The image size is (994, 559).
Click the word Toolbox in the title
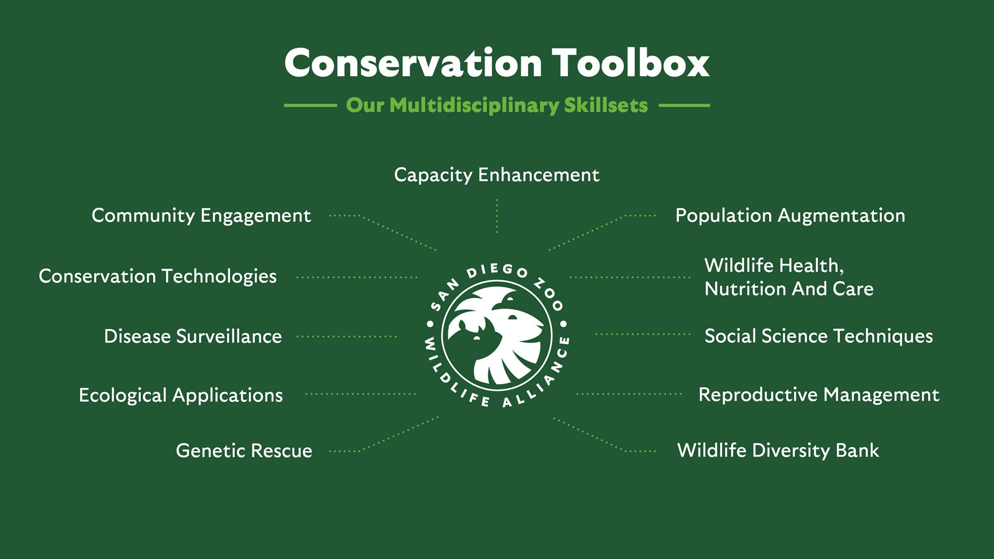click(x=630, y=63)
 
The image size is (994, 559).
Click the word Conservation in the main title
click(x=413, y=63)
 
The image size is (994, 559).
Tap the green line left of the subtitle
click(x=310, y=105)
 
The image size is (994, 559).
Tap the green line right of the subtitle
click(x=684, y=105)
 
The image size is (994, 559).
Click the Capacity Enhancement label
click(x=496, y=175)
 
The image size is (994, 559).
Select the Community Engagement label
click(x=201, y=215)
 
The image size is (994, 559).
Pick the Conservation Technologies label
click(x=157, y=276)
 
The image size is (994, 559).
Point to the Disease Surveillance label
click(x=193, y=336)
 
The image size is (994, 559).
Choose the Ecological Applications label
click(x=181, y=395)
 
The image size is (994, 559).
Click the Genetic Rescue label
click(x=244, y=450)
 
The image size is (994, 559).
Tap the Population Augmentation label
click(x=790, y=215)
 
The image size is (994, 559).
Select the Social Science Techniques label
click(x=818, y=336)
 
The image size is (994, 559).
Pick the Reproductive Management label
click(x=818, y=395)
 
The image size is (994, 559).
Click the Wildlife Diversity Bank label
click(x=778, y=450)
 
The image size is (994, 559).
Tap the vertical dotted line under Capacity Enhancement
click(x=497, y=216)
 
